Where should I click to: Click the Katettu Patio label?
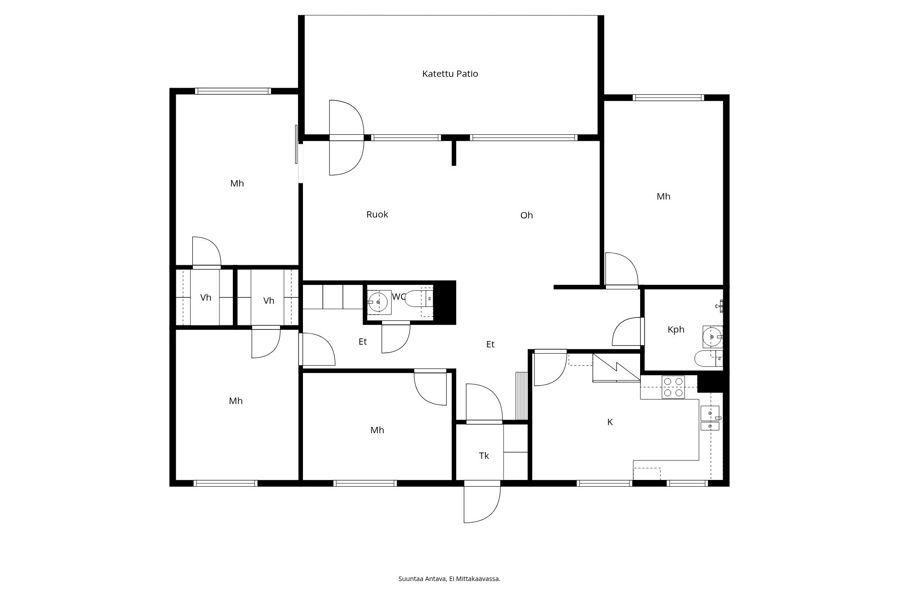click(450, 74)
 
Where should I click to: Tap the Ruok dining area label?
click(377, 214)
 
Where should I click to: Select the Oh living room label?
click(526, 215)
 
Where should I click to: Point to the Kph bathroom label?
click(676, 329)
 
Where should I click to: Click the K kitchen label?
click(610, 422)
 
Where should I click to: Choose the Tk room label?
click(484, 456)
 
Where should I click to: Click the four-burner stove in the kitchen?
click(673, 387)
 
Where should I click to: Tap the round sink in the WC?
click(378, 302)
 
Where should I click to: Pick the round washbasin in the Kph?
click(712, 337)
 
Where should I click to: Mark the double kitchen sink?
click(710, 418)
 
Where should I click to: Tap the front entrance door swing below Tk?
click(482, 501)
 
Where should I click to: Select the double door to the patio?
click(346, 138)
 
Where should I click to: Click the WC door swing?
click(396, 337)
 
